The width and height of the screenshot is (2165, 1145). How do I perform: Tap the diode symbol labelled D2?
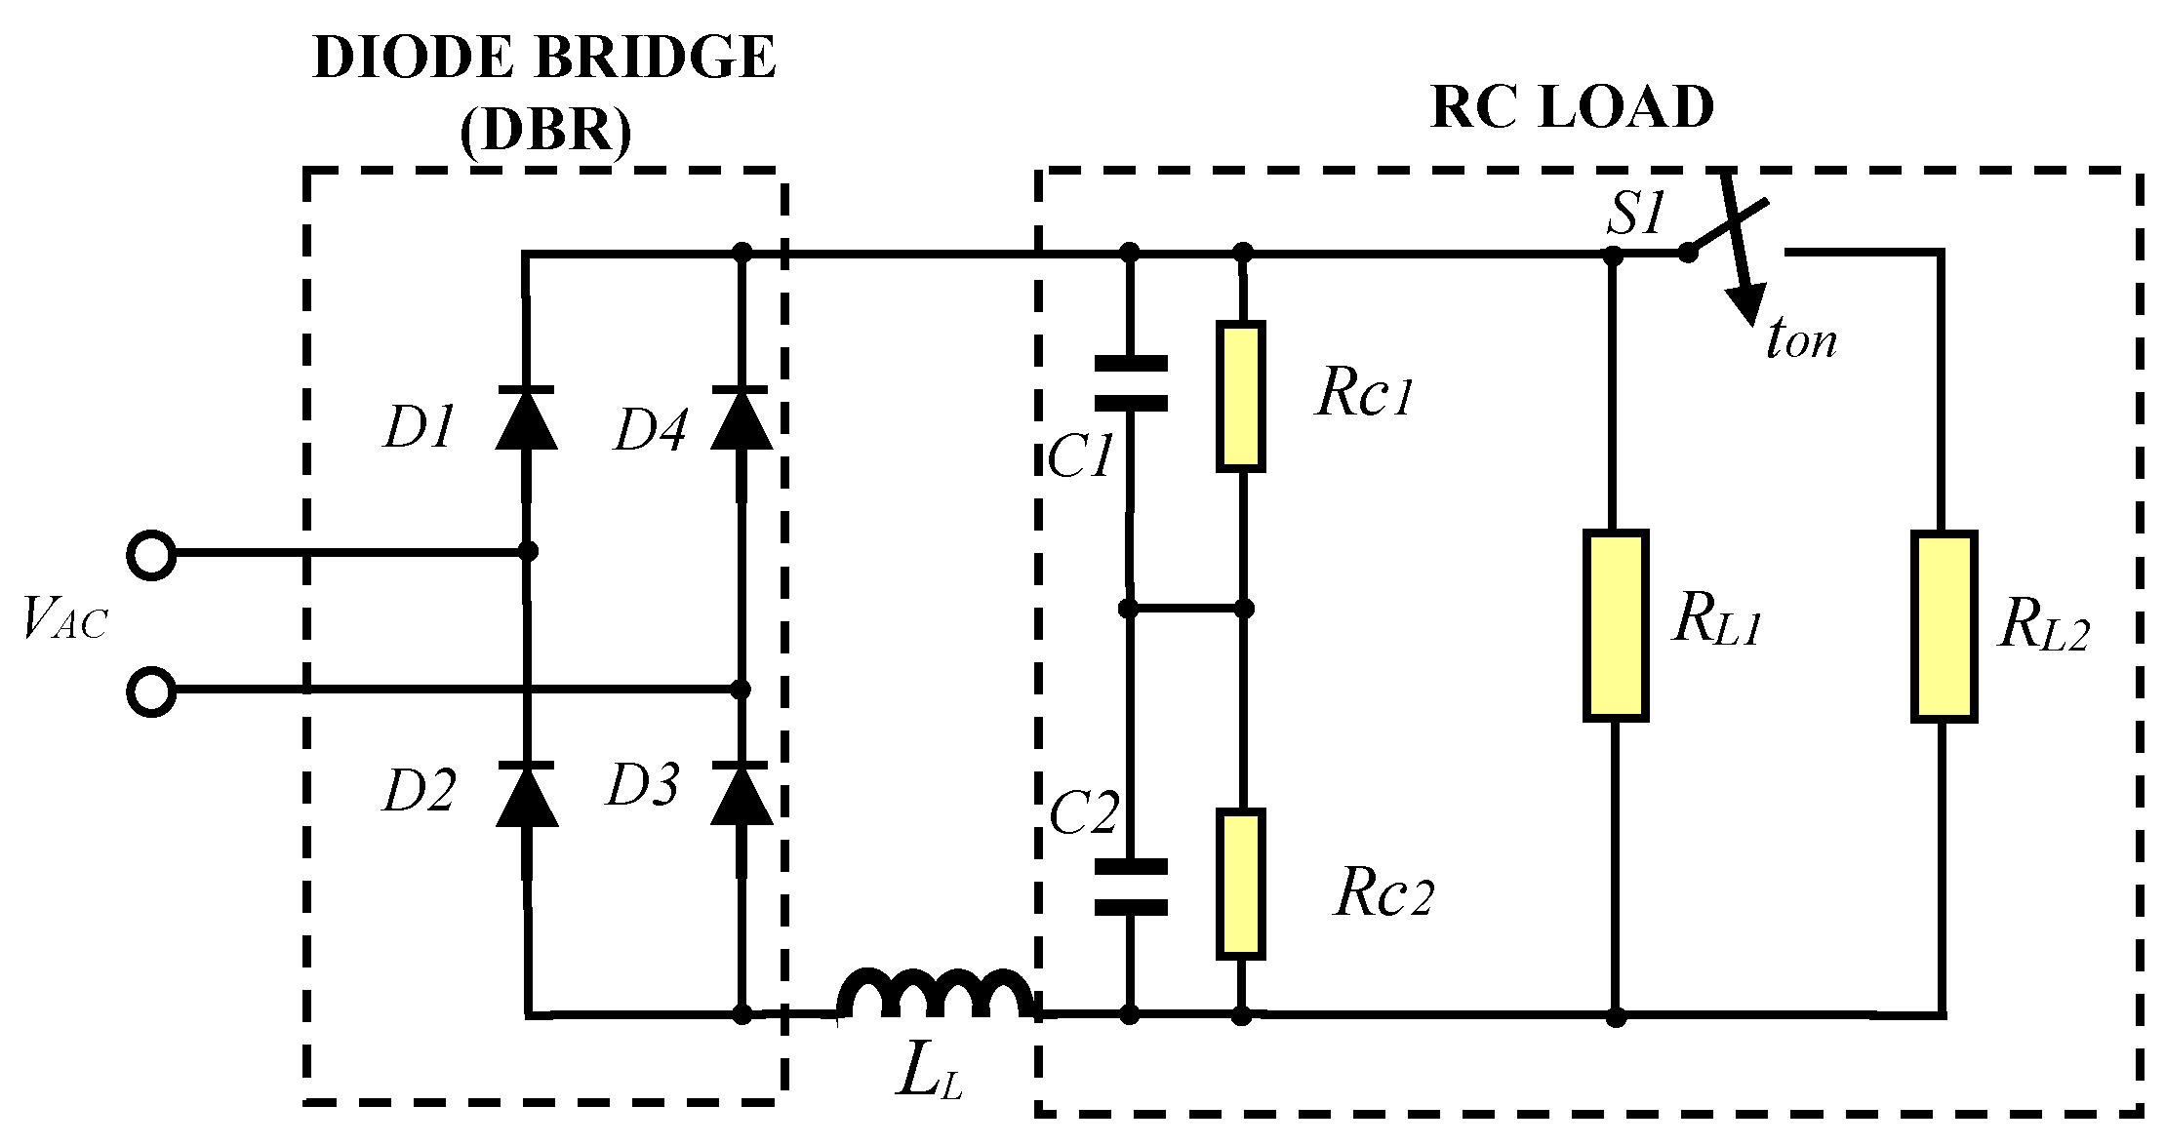coord(527,796)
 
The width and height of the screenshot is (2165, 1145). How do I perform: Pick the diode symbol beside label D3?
coord(741,794)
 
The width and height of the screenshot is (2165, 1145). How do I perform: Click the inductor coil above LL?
coord(935,995)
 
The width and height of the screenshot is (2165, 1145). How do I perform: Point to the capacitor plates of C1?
coord(1130,383)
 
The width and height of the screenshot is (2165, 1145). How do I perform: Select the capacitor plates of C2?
coord(1130,887)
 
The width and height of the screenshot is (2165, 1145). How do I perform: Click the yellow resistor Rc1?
coord(1241,396)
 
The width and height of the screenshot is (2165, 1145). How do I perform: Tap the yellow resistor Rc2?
coord(1241,884)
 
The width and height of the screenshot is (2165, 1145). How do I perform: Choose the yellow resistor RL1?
coord(1616,626)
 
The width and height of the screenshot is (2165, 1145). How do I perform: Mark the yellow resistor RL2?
coord(1944,626)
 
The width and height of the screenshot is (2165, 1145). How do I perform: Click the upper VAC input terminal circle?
coord(151,555)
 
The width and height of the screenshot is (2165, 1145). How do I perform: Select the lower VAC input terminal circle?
coord(151,691)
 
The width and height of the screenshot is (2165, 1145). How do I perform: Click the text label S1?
coord(1634,214)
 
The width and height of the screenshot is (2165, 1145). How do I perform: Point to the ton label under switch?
coord(1801,340)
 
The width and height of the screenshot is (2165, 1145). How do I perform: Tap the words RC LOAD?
coord(1572,107)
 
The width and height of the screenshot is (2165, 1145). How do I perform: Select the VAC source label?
coord(64,618)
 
